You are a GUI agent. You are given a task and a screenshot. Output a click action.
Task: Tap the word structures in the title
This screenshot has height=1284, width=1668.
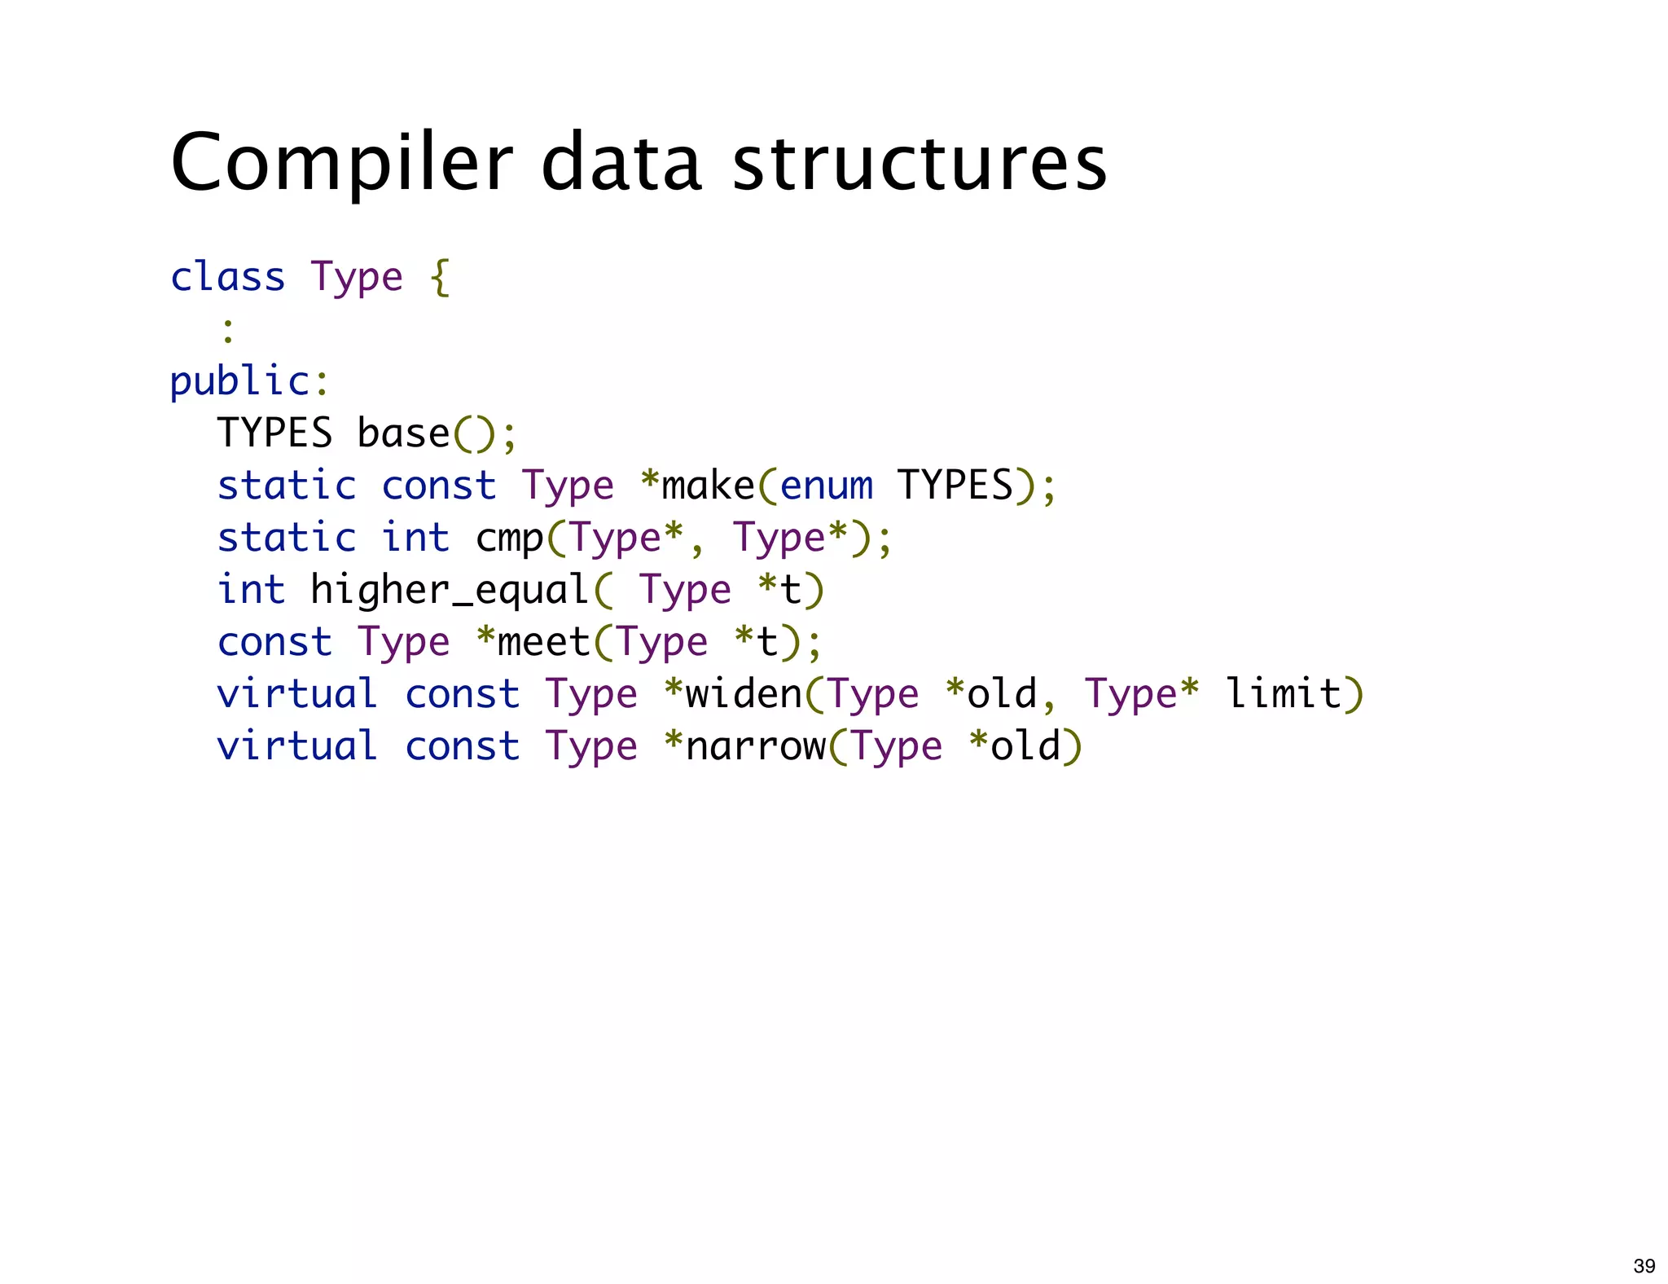click(920, 163)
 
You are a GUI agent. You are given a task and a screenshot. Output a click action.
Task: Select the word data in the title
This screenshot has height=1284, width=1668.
click(621, 163)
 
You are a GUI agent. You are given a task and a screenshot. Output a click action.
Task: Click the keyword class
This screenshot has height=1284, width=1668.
click(228, 277)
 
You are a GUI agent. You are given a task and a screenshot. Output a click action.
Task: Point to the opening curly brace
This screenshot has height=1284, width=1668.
click(440, 278)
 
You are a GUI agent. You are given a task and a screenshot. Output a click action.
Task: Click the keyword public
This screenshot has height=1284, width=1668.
click(239, 382)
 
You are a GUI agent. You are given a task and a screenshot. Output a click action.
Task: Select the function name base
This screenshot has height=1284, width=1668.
click(403, 433)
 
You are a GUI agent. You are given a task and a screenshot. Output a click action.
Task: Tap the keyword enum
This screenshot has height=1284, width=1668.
click(827, 486)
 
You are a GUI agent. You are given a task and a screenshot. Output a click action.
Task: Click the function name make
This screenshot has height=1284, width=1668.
click(708, 486)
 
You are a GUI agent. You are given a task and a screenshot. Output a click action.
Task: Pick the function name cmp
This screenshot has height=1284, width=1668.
click(510, 539)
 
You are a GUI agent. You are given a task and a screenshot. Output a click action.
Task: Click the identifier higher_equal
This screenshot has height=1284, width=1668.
click(450, 590)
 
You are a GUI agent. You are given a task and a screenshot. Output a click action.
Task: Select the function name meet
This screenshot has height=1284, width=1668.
click(543, 642)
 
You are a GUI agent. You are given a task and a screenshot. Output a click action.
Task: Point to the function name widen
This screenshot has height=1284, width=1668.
click(744, 694)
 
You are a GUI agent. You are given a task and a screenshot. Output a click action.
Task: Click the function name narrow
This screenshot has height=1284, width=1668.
click(756, 746)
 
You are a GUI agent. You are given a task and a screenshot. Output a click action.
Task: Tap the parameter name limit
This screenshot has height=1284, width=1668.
click(1284, 694)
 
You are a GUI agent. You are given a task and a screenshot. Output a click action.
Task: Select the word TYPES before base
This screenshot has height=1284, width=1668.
click(274, 433)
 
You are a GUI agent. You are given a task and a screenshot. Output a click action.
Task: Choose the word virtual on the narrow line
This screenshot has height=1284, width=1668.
click(297, 746)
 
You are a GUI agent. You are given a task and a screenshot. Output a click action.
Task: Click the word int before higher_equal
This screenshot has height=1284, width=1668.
click(252, 590)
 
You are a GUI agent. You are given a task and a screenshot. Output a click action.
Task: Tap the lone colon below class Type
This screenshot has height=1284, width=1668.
click(228, 330)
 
